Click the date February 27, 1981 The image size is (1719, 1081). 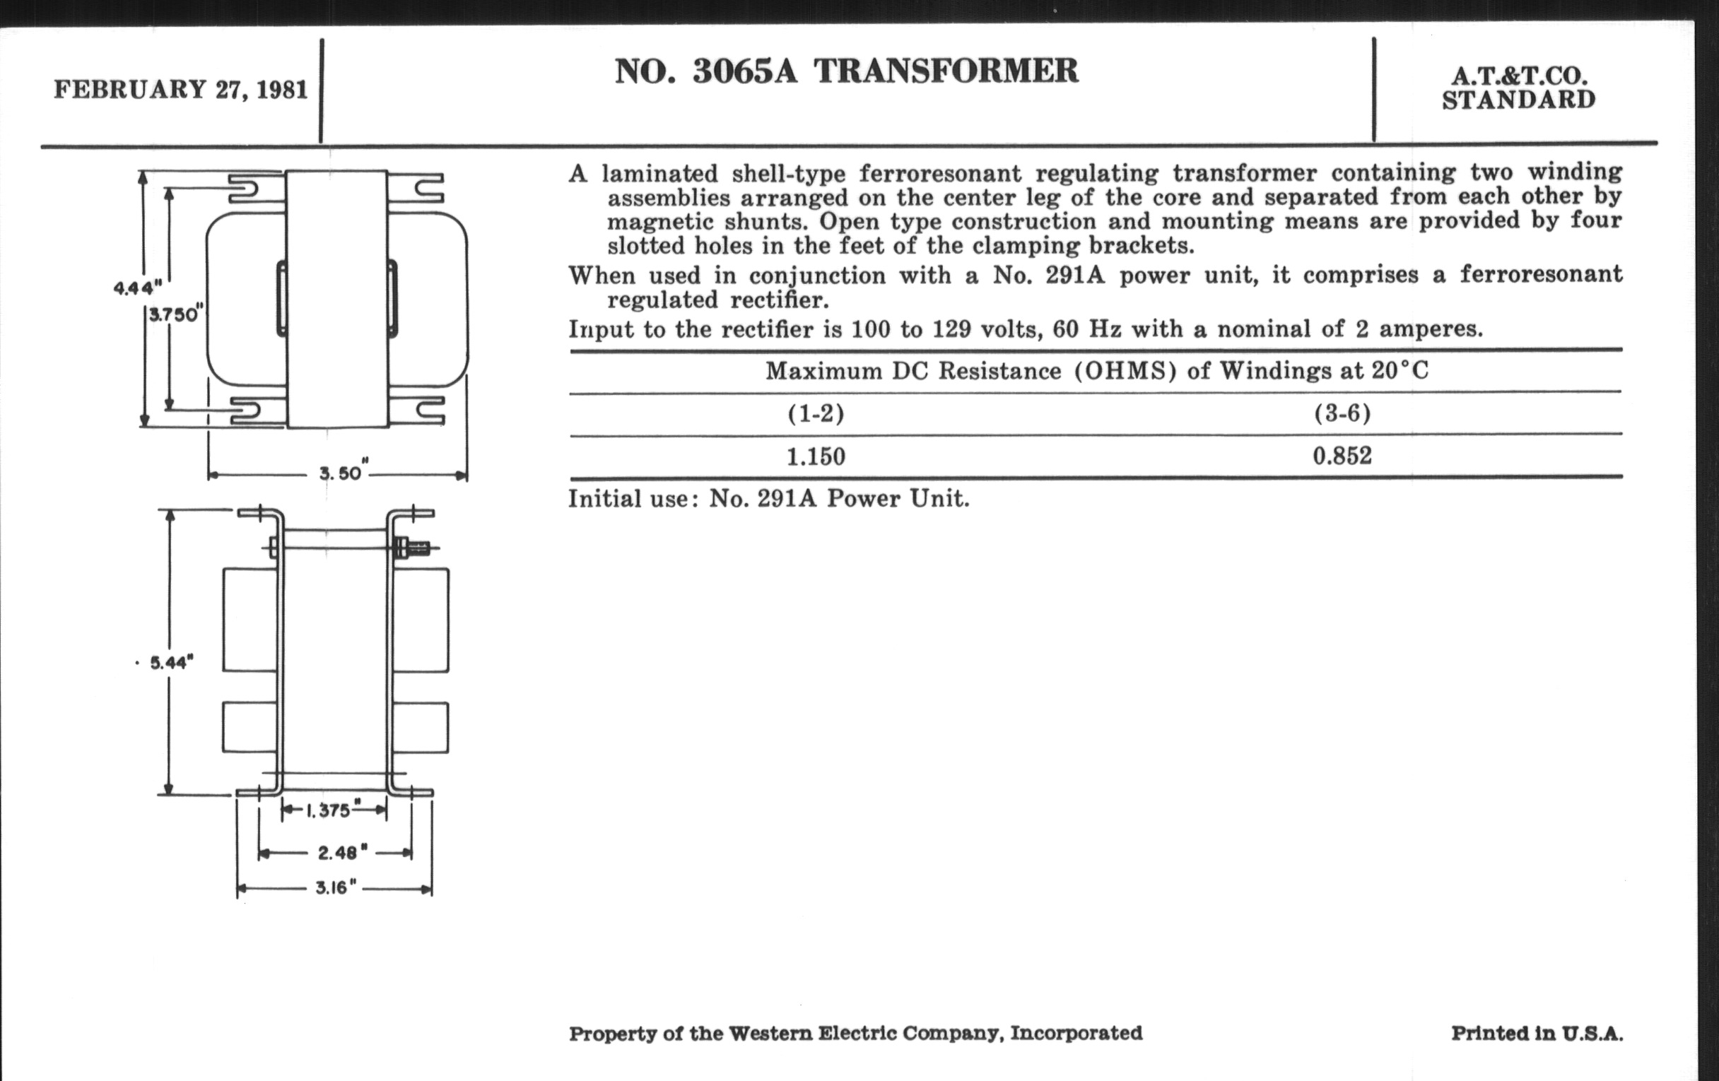tap(181, 90)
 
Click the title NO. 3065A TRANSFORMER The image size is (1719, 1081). tap(847, 71)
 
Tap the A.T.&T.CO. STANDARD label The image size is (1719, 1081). tap(1518, 88)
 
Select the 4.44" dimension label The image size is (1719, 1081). tap(138, 288)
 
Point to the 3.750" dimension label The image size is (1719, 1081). tap(175, 314)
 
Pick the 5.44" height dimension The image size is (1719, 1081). tap(171, 663)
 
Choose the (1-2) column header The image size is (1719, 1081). tap(816, 414)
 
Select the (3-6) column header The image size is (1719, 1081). tap(1342, 414)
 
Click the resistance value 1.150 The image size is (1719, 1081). tap(816, 456)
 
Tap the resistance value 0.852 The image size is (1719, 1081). tap(1342, 456)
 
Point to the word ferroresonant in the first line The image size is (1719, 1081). tap(939, 173)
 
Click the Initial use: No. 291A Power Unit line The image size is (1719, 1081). tap(769, 499)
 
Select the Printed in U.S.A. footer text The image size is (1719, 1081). tap(1537, 1033)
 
